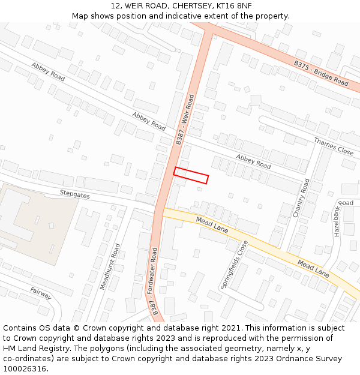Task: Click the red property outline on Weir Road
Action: (x=191, y=175)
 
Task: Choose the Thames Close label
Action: (x=334, y=146)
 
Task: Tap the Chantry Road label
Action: (x=301, y=198)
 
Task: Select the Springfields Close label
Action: (x=234, y=265)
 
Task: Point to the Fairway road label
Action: (x=40, y=293)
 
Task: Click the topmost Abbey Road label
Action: (x=48, y=71)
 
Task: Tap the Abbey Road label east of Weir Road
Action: (x=253, y=161)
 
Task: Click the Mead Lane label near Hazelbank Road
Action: (x=313, y=268)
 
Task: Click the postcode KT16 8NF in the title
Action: (x=232, y=6)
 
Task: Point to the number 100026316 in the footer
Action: (x=25, y=369)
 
